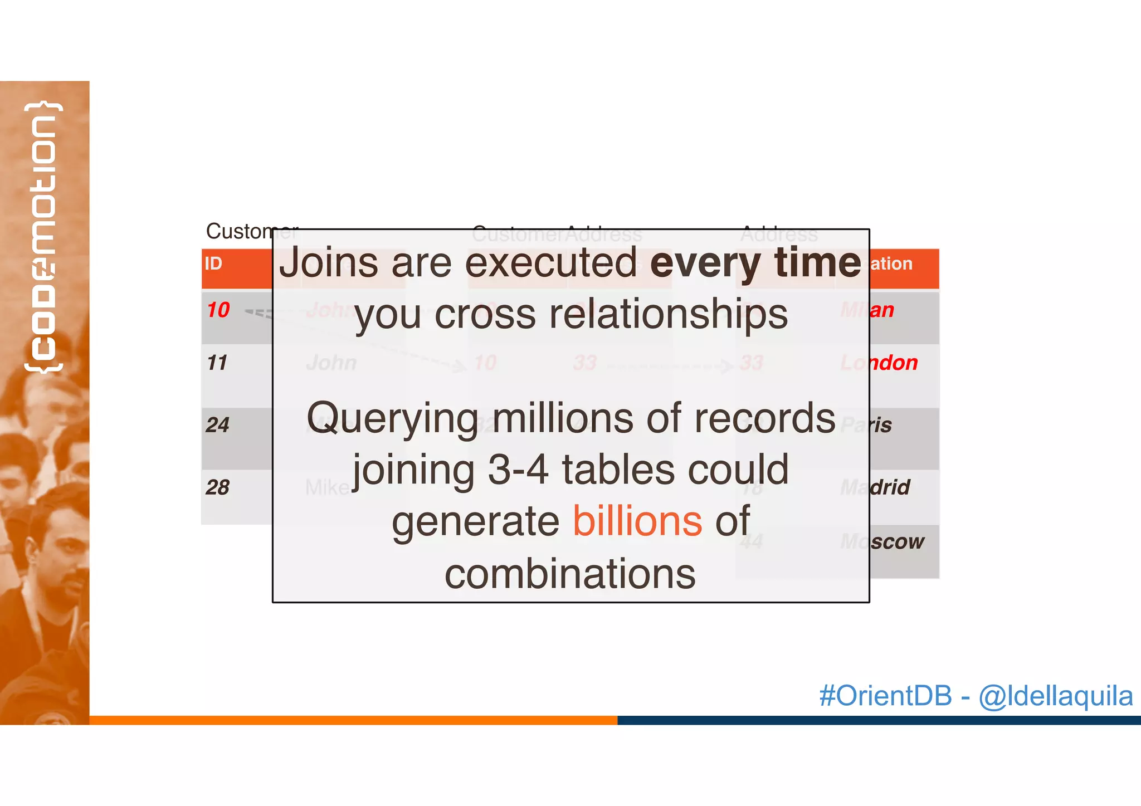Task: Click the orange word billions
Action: click(x=637, y=521)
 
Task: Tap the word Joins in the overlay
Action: click(x=329, y=262)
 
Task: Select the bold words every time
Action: click(x=755, y=262)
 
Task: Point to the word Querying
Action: click(x=392, y=419)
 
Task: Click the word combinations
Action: click(x=570, y=574)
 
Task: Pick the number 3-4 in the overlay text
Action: click(x=518, y=470)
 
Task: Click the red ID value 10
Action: click(x=218, y=310)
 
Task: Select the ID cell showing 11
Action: click(x=217, y=363)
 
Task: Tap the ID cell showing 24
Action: click(x=217, y=426)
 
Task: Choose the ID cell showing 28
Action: click(x=217, y=488)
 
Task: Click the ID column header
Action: click(x=213, y=263)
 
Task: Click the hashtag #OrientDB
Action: click(x=885, y=696)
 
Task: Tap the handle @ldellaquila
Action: click(x=1055, y=696)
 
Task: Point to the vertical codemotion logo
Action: click(x=43, y=237)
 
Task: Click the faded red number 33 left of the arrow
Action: click(x=585, y=363)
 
